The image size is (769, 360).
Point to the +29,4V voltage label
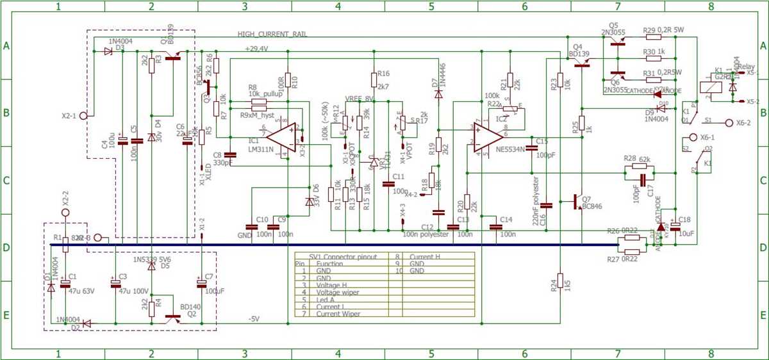[x=256, y=49]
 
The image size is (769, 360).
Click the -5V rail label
[x=253, y=319]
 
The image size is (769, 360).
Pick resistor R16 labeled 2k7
[x=374, y=79]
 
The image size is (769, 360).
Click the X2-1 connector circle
[x=83, y=116]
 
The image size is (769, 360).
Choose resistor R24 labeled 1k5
[x=559, y=281]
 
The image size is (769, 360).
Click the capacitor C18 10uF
[x=675, y=226]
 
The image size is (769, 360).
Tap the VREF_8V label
[x=359, y=98]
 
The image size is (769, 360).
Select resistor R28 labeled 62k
[x=639, y=167]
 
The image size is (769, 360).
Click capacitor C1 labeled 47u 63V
[x=65, y=285]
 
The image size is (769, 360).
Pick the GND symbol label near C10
[x=245, y=236]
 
